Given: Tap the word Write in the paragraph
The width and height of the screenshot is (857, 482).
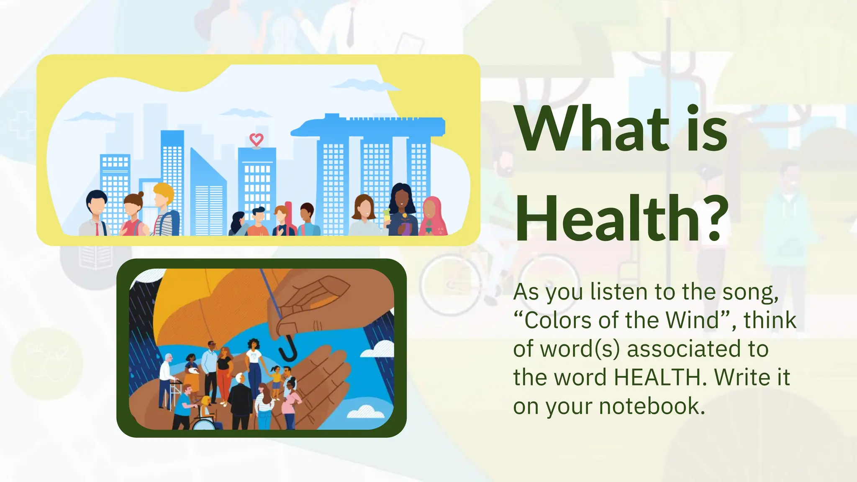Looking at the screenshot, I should pyautogui.click(x=742, y=377).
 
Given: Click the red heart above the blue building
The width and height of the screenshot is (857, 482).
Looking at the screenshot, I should pyautogui.click(x=256, y=139).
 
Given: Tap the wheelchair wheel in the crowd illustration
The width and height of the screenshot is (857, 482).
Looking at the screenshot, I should pyautogui.click(x=203, y=423).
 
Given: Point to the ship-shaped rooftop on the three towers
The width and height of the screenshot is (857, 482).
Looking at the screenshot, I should pyautogui.click(x=368, y=126).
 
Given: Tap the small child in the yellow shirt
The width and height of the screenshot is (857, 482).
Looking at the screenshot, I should pyautogui.click(x=276, y=381).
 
